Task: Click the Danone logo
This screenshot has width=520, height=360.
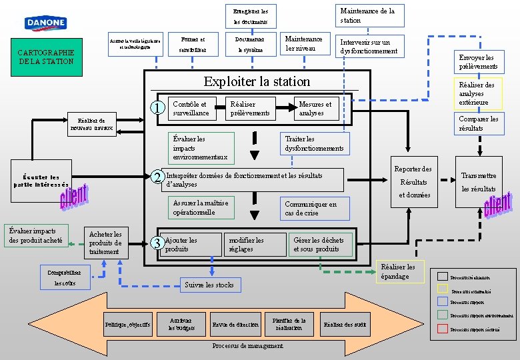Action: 45,24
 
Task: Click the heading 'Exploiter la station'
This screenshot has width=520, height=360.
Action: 257,82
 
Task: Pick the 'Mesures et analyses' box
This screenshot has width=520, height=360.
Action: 315,109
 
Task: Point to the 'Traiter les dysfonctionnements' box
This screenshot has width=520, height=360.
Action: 314,143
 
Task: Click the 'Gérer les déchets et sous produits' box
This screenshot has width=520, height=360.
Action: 319,244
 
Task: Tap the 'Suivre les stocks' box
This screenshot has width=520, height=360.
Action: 209,285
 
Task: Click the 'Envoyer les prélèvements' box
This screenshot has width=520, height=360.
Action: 478,62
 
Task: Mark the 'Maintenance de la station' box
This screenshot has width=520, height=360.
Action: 367,15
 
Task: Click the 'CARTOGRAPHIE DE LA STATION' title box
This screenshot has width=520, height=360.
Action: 46,57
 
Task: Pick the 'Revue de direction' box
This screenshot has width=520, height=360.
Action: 235,325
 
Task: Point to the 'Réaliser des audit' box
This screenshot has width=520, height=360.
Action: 345,325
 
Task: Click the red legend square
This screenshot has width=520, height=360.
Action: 443,329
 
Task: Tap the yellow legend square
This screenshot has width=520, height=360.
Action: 443,289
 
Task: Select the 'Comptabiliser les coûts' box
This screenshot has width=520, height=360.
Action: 65,278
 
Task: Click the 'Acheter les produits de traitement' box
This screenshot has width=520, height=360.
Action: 105,243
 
